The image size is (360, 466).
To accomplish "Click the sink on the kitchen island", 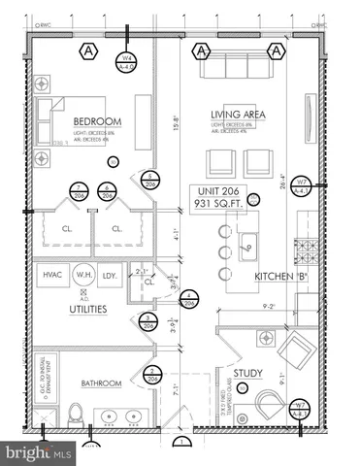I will click(x=248, y=245).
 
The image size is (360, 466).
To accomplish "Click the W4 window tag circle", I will click(x=126, y=63).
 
